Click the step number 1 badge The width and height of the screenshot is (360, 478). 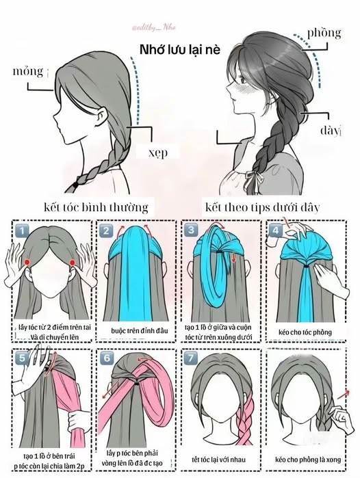(21, 230)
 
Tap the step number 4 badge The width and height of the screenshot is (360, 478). (275, 230)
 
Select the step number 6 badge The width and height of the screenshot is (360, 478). (106, 357)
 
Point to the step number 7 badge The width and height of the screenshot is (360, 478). (191, 357)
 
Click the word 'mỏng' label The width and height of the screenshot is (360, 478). (28, 71)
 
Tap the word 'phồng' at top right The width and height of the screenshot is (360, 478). (324, 33)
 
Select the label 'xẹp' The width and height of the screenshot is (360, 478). (158, 152)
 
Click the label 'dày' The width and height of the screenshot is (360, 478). (329, 130)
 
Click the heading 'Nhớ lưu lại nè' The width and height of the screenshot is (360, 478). (180, 49)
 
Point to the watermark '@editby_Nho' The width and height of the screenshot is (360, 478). (154, 28)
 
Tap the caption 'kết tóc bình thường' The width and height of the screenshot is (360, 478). (96, 207)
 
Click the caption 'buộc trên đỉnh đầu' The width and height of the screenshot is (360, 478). (140, 331)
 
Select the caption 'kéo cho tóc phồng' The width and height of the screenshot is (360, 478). (305, 332)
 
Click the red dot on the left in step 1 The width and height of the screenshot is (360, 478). (27, 262)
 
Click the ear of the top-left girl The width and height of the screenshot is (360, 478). (102, 116)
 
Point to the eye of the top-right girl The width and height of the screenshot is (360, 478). (243, 81)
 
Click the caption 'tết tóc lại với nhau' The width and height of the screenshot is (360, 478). (218, 460)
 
